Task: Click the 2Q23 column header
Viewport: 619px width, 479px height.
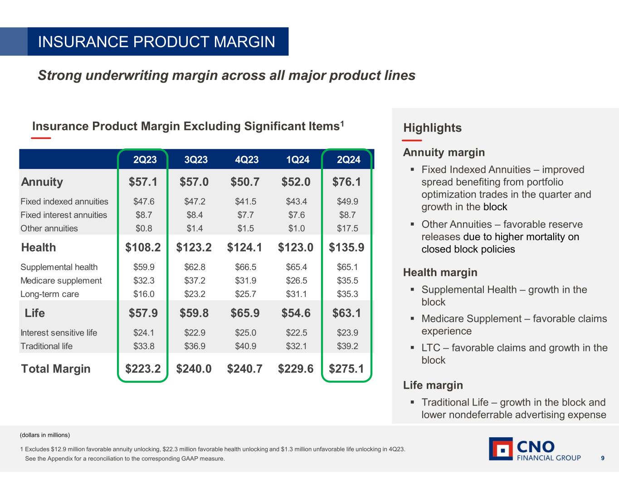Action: coord(145,159)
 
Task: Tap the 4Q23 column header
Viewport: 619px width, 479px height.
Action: coord(247,159)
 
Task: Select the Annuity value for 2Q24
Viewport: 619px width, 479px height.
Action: coord(347,182)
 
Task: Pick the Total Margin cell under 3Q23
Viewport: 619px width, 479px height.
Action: coord(194,369)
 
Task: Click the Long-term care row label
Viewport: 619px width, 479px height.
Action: coord(49,294)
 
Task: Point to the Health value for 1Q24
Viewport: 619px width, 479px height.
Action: coord(296,247)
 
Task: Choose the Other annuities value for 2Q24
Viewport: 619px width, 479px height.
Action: coord(347,228)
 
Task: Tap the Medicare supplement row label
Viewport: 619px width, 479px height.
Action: coord(61,281)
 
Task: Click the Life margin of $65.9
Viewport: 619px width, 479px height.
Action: coord(245,313)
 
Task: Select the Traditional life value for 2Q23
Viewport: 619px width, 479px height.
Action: coord(144,346)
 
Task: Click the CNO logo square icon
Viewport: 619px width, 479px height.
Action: coord(501,449)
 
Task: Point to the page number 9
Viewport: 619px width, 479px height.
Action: coord(603,458)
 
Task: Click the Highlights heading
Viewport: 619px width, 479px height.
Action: coord(432,128)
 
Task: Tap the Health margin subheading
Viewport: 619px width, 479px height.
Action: coord(440,272)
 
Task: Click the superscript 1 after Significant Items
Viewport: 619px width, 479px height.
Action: coord(342,123)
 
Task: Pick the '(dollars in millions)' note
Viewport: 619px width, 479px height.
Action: coord(45,435)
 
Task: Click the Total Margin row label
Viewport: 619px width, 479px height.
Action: coord(56,369)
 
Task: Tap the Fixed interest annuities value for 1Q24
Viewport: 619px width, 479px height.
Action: coord(297,215)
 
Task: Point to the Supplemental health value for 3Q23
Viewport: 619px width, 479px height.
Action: coord(195,267)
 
